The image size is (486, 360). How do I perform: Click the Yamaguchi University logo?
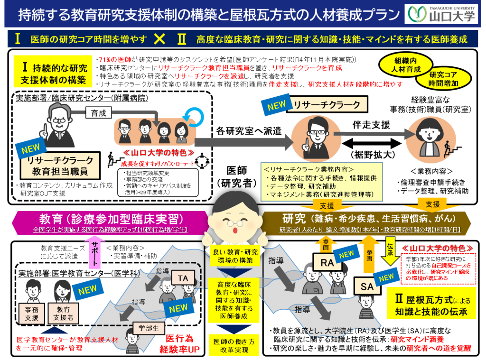[441, 15]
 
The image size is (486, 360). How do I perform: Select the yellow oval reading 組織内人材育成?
[407, 65]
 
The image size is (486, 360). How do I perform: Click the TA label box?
[182, 277]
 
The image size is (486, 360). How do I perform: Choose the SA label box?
[367, 286]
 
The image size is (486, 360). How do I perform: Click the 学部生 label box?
[148, 328]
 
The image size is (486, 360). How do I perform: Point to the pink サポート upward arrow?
[94, 253]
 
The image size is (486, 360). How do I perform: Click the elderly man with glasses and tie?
[59, 126]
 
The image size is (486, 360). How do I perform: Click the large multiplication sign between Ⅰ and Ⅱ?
[160, 39]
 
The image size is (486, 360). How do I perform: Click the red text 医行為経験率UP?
[179, 344]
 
